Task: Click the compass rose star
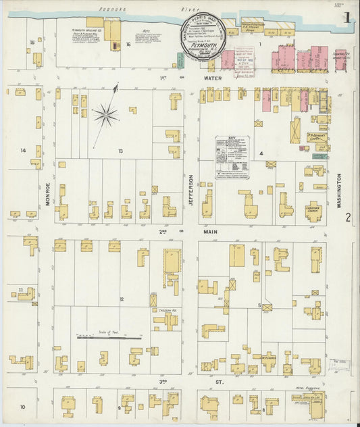tap(106, 114)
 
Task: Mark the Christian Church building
tap(311, 210)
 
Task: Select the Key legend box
tap(232, 157)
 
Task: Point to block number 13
tap(120, 151)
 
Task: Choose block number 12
tap(122, 298)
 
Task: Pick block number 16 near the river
tap(128, 45)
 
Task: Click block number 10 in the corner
tap(22, 407)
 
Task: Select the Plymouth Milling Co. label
tap(86, 30)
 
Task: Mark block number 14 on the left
tap(23, 150)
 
